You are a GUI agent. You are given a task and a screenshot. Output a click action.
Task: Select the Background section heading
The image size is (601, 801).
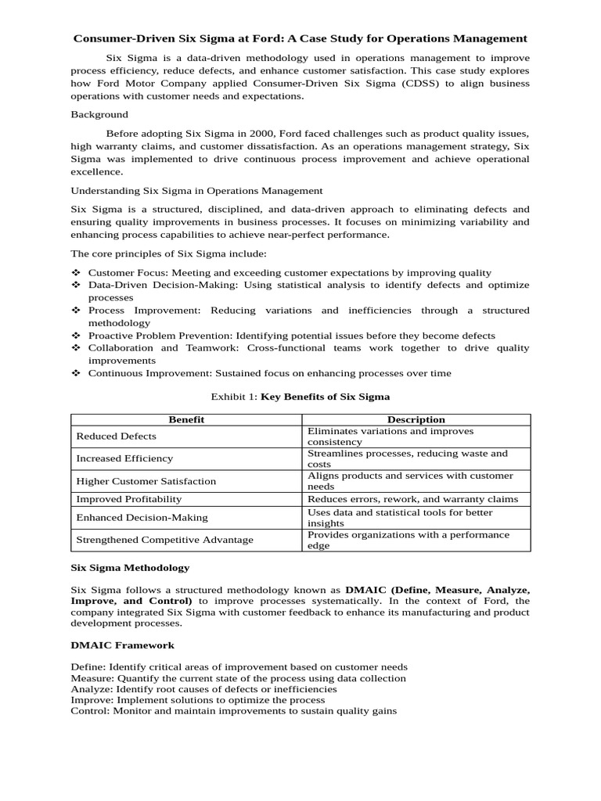pyautogui.click(x=99, y=114)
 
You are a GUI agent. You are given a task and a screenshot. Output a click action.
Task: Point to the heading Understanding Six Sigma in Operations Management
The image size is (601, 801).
pyautogui.click(x=196, y=190)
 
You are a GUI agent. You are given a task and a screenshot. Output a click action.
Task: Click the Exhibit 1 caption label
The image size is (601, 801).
pyautogui.click(x=234, y=397)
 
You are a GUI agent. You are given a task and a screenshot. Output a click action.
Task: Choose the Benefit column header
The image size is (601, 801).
pyautogui.click(x=186, y=420)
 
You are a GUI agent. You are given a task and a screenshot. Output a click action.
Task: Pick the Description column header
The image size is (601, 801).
pyautogui.click(x=416, y=420)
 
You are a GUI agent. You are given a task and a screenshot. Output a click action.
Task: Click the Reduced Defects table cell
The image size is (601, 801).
pyautogui.click(x=116, y=436)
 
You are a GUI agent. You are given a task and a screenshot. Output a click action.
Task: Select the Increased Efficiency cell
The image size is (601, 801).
pyautogui.click(x=124, y=458)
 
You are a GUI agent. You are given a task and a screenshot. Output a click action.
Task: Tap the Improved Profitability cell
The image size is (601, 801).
pyautogui.click(x=128, y=499)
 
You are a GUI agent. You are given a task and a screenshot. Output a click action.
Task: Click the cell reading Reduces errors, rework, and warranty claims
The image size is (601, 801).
pyautogui.click(x=412, y=499)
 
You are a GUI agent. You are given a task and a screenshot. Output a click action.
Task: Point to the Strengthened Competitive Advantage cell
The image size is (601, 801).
pyautogui.click(x=164, y=540)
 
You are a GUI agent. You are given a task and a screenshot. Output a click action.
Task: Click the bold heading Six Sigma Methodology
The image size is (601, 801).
pyautogui.click(x=130, y=568)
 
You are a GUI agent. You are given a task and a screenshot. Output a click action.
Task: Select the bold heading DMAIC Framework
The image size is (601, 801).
pyautogui.click(x=123, y=645)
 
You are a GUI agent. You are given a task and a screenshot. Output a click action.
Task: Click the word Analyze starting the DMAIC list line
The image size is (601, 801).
pyautogui.click(x=92, y=689)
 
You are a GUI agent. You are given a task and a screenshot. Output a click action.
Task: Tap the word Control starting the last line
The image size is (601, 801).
pyautogui.click(x=90, y=711)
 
